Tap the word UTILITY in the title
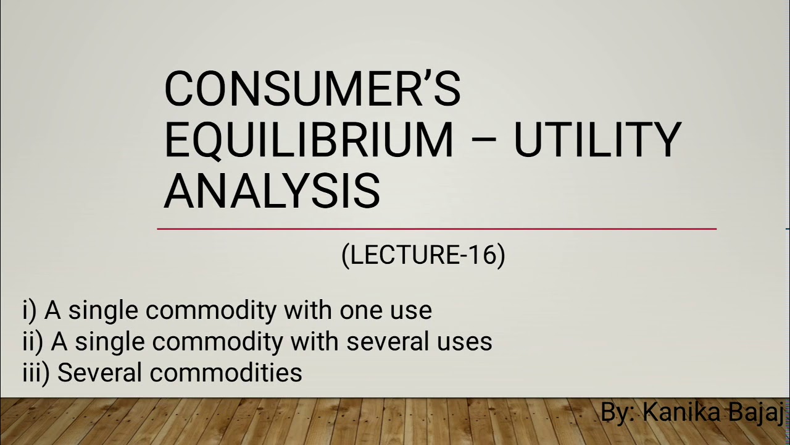pyautogui.click(x=597, y=140)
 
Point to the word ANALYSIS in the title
pyautogui.click(x=272, y=191)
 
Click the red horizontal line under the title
pyautogui.click(x=436, y=229)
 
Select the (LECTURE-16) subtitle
pyautogui.click(x=423, y=255)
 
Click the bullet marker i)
pyautogui.click(x=29, y=310)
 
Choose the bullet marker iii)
pyautogui.click(x=35, y=373)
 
